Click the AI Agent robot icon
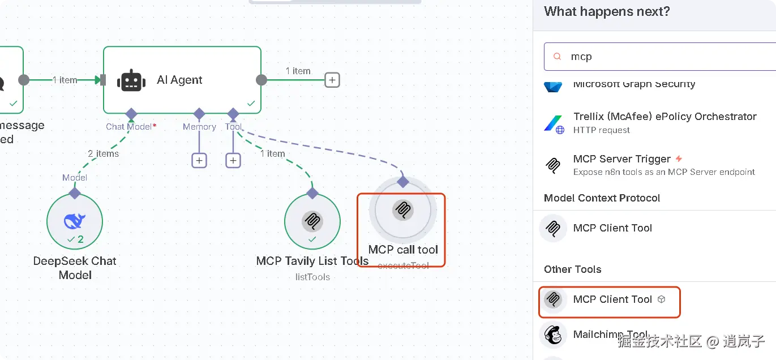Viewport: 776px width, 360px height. [x=131, y=80]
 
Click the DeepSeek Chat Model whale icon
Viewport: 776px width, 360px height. [x=75, y=221]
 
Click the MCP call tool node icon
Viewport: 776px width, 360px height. [x=402, y=210]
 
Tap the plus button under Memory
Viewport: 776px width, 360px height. [x=199, y=161]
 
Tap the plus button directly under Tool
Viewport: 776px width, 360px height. [x=233, y=161]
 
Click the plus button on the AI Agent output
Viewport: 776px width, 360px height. [x=332, y=80]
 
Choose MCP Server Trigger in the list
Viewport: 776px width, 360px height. [x=621, y=159]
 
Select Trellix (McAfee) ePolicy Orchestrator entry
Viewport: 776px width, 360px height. [x=664, y=117]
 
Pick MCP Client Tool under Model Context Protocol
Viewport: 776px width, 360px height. [x=612, y=228]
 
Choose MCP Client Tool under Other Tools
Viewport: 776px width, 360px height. [x=612, y=299]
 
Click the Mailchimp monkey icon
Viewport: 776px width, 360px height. [x=553, y=335]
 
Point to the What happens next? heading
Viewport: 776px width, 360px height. [x=607, y=11]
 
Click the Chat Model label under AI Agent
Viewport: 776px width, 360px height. [x=128, y=127]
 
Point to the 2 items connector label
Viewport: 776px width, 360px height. [x=103, y=153]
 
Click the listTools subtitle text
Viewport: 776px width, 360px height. [x=312, y=277]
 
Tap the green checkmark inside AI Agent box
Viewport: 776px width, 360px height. [x=251, y=104]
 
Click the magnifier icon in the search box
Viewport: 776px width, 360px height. [x=558, y=57]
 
